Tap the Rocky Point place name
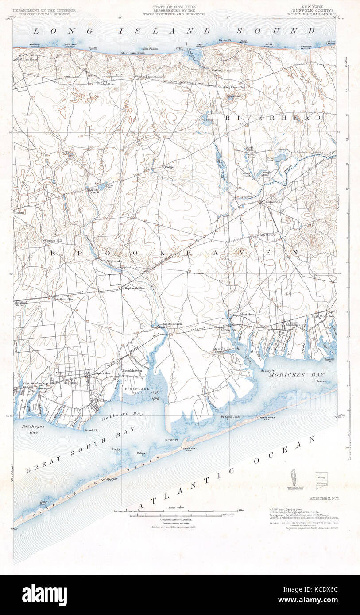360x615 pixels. [106, 84]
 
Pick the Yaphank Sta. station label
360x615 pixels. [135, 288]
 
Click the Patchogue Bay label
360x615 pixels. [30, 429]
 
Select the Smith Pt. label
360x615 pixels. [171, 440]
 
